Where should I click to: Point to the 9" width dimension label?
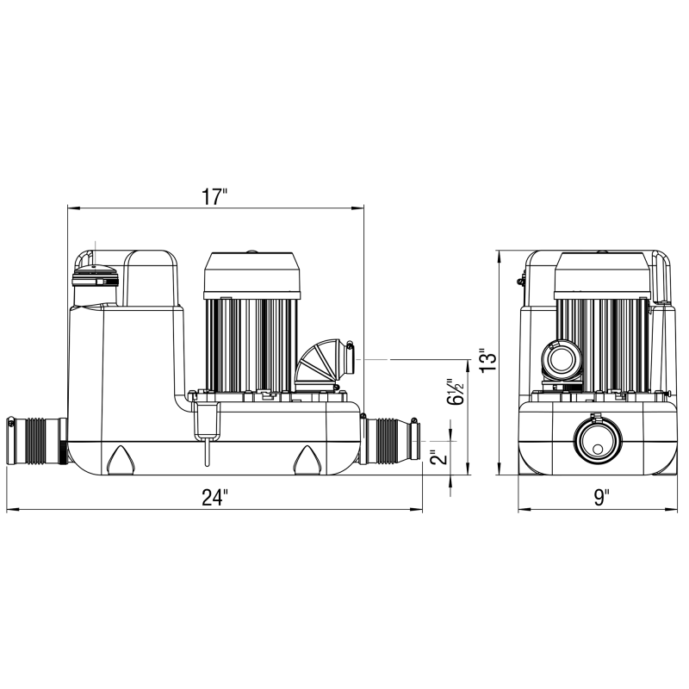600,497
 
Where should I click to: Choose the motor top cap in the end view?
599,273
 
